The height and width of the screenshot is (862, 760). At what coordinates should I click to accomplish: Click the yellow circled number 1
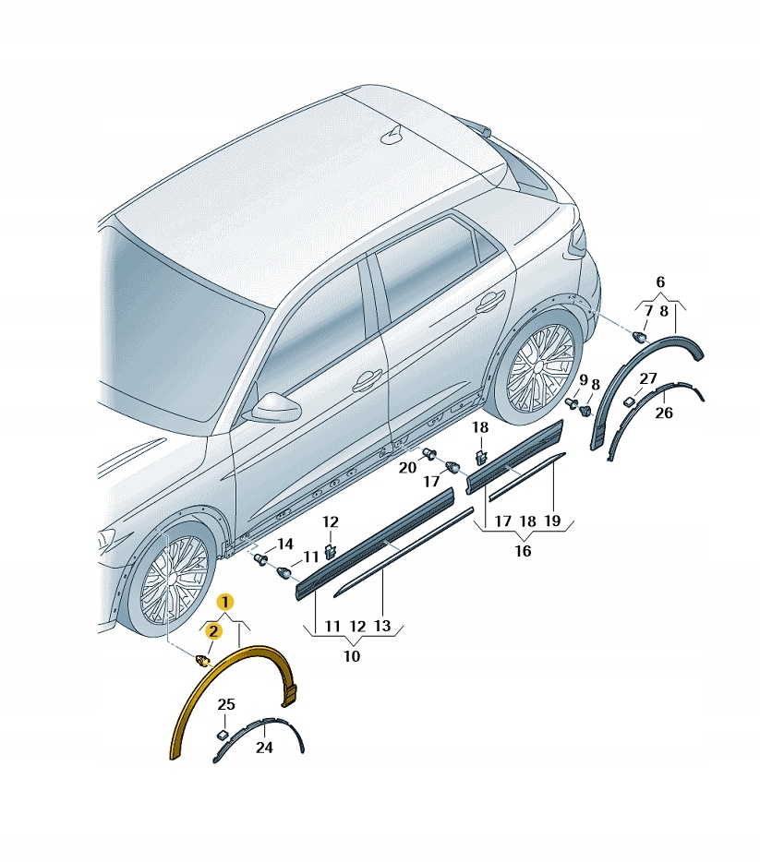tap(225, 603)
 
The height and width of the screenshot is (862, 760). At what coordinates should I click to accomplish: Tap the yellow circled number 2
tap(213, 631)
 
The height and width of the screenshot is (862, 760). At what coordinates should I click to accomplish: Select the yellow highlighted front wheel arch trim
tap(233, 700)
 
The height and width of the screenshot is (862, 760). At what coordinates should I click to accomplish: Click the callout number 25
tap(226, 704)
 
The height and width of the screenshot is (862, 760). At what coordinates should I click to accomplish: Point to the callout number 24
tap(264, 748)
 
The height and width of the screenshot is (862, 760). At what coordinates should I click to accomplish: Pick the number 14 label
tap(284, 545)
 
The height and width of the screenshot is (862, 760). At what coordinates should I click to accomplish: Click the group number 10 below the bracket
tap(352, 656)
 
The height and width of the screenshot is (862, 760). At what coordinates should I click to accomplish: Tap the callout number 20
tap(407, 468)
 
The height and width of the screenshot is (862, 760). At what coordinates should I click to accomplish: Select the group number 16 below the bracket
tap(523, 550)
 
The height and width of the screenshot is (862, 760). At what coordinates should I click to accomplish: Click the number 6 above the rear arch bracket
tap(660, 282)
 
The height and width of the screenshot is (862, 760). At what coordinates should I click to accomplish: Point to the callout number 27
tap(648, 378)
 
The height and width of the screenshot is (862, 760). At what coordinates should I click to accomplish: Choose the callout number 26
tap(664, 413)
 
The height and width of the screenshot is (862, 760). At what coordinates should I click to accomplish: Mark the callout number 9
tap(584, 380)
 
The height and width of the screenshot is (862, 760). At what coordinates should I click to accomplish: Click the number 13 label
tap(381, 626)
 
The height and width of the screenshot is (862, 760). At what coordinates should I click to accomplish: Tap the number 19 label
tap(551, 521)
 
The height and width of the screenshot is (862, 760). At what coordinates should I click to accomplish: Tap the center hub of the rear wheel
tap(538, 367)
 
